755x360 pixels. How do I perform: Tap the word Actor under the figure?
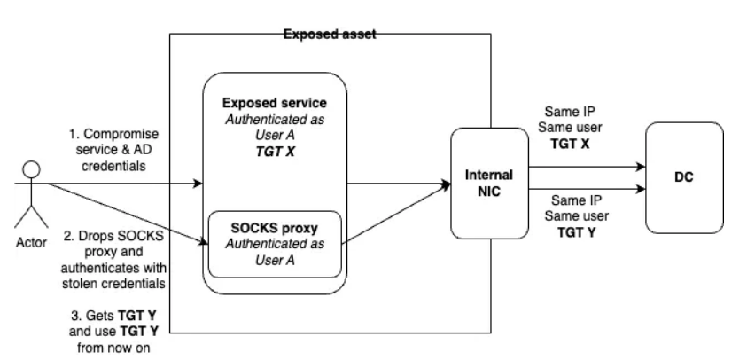tap(33, 240)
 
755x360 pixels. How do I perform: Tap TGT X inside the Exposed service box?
tap(274, 153)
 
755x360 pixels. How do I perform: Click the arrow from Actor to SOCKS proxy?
tap(124, 212)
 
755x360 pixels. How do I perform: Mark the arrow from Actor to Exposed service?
tap(124, 184)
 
